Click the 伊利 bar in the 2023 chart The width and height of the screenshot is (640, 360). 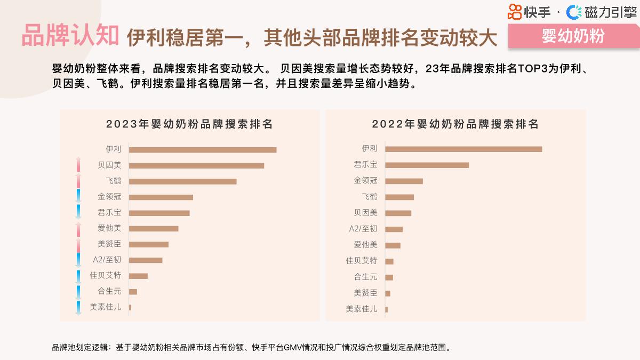pos(202,150)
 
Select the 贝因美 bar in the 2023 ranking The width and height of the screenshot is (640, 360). pos(196,165)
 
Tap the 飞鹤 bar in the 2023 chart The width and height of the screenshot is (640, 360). pos(182,181)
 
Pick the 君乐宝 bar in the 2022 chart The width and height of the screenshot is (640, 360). pos(427,165)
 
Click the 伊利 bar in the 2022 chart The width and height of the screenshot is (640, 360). pos(463,149)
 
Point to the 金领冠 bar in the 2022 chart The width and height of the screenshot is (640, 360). pos(404,181)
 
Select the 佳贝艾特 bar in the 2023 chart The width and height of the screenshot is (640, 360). pos(138,276)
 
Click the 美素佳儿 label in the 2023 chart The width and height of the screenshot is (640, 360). pos(105,307)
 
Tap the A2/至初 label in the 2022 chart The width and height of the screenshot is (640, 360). pos(363,228)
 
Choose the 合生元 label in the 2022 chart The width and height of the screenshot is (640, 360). pos(365,276)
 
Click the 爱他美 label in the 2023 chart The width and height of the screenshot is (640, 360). pos(109,228)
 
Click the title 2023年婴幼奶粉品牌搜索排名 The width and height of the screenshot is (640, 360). pos(189,124)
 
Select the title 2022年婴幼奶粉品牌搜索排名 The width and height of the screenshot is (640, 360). pos(455,124)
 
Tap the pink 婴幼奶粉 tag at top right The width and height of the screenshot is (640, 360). pos(573,36)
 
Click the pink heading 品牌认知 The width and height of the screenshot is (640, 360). pos(70,36)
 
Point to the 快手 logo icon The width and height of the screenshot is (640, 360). pos(514,12)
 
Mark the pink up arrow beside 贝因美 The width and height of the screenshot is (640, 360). pos(78,165)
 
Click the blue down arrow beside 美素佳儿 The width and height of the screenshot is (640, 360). pos(78,308)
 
